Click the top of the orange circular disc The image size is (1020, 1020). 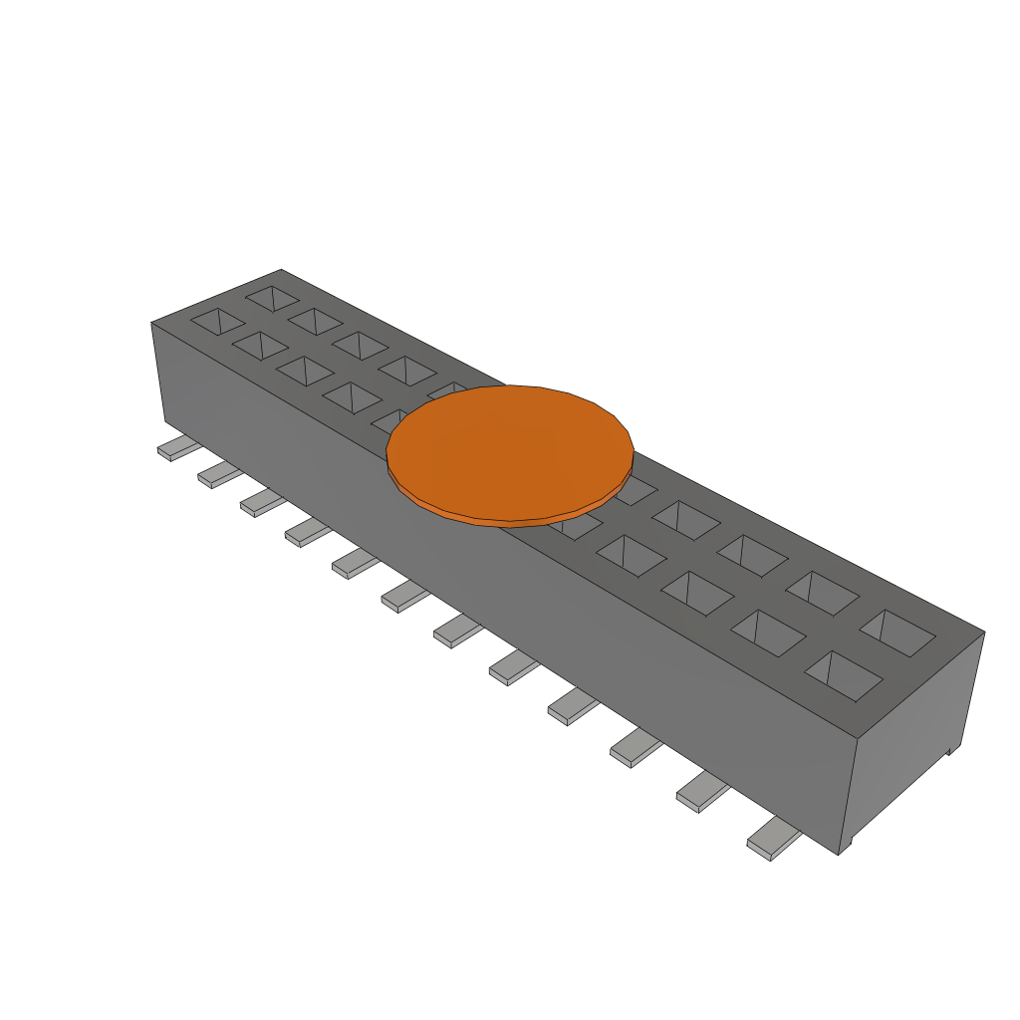point(510,448)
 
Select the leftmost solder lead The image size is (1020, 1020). point(176,448)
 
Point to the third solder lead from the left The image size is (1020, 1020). point(260,503)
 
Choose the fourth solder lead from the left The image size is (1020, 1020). point(306,533)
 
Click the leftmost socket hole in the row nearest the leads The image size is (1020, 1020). point(217,322)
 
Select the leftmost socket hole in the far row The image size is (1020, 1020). point(272,297)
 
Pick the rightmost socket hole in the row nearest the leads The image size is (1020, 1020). point(843,676)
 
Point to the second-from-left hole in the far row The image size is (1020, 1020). point(315,321)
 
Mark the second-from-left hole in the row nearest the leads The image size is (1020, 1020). point(260,346)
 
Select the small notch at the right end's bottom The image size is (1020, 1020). point(951,749)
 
